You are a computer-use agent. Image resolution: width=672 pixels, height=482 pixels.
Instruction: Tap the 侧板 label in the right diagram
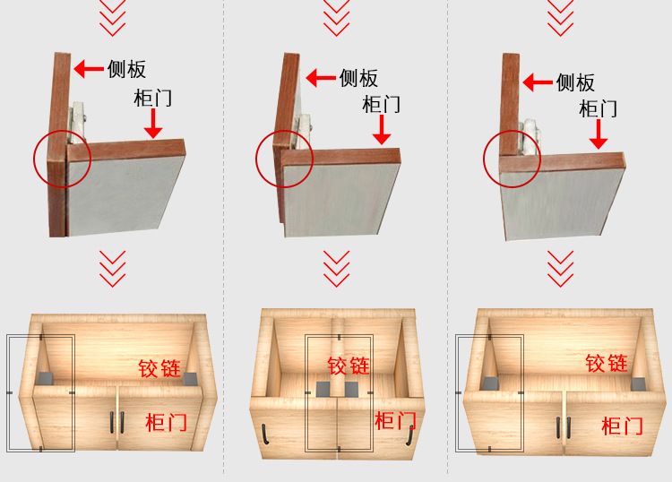[x=575, y=82]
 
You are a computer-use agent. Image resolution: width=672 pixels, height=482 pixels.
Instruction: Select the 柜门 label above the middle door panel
[x=381, y=103]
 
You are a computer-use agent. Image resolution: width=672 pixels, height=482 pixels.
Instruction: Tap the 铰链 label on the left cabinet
[x=159, y=368]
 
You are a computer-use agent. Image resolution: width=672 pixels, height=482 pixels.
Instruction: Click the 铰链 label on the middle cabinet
[x=349, y=366]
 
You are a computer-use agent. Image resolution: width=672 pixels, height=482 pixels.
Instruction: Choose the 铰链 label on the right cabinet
[x=607, y=364]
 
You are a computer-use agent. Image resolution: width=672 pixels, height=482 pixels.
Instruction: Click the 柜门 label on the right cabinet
[x=622, y=426]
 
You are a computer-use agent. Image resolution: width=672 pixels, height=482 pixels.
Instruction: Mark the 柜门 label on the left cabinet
[x=167, y=422]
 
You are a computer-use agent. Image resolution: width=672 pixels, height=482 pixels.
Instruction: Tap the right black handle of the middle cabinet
[x=408, y=433]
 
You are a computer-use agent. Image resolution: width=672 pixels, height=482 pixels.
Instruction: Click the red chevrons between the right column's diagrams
[x=560, y=268]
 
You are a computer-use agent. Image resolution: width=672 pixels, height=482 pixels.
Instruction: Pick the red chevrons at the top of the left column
[x=112, y=17]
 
